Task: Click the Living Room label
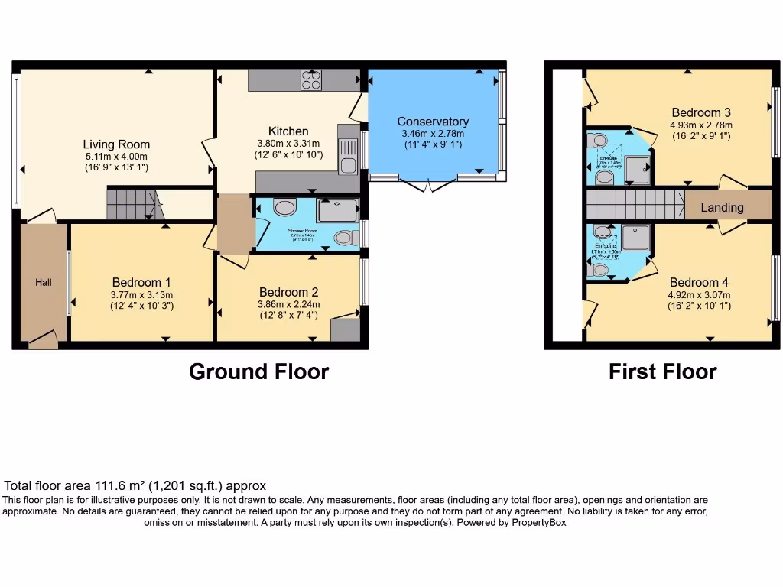pos(116,144)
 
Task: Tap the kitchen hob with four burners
pos(312,80)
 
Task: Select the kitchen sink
pos(348,156)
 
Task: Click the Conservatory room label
pos(433,122)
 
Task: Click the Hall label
pos(44,283)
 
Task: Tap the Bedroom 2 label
pos(288,292)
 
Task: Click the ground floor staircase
pos(130,205)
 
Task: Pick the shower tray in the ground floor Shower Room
pos(336,210)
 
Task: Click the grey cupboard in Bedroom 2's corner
pos(345,330)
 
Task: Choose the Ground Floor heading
pos(258,372)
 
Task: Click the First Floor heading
pos(662,372)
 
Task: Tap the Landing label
pos(722,207)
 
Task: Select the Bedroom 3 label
pos(700,113)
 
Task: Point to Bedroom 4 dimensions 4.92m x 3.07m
pos(700,295)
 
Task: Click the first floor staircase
pos(635,205)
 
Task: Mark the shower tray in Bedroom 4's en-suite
pos(635,238)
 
